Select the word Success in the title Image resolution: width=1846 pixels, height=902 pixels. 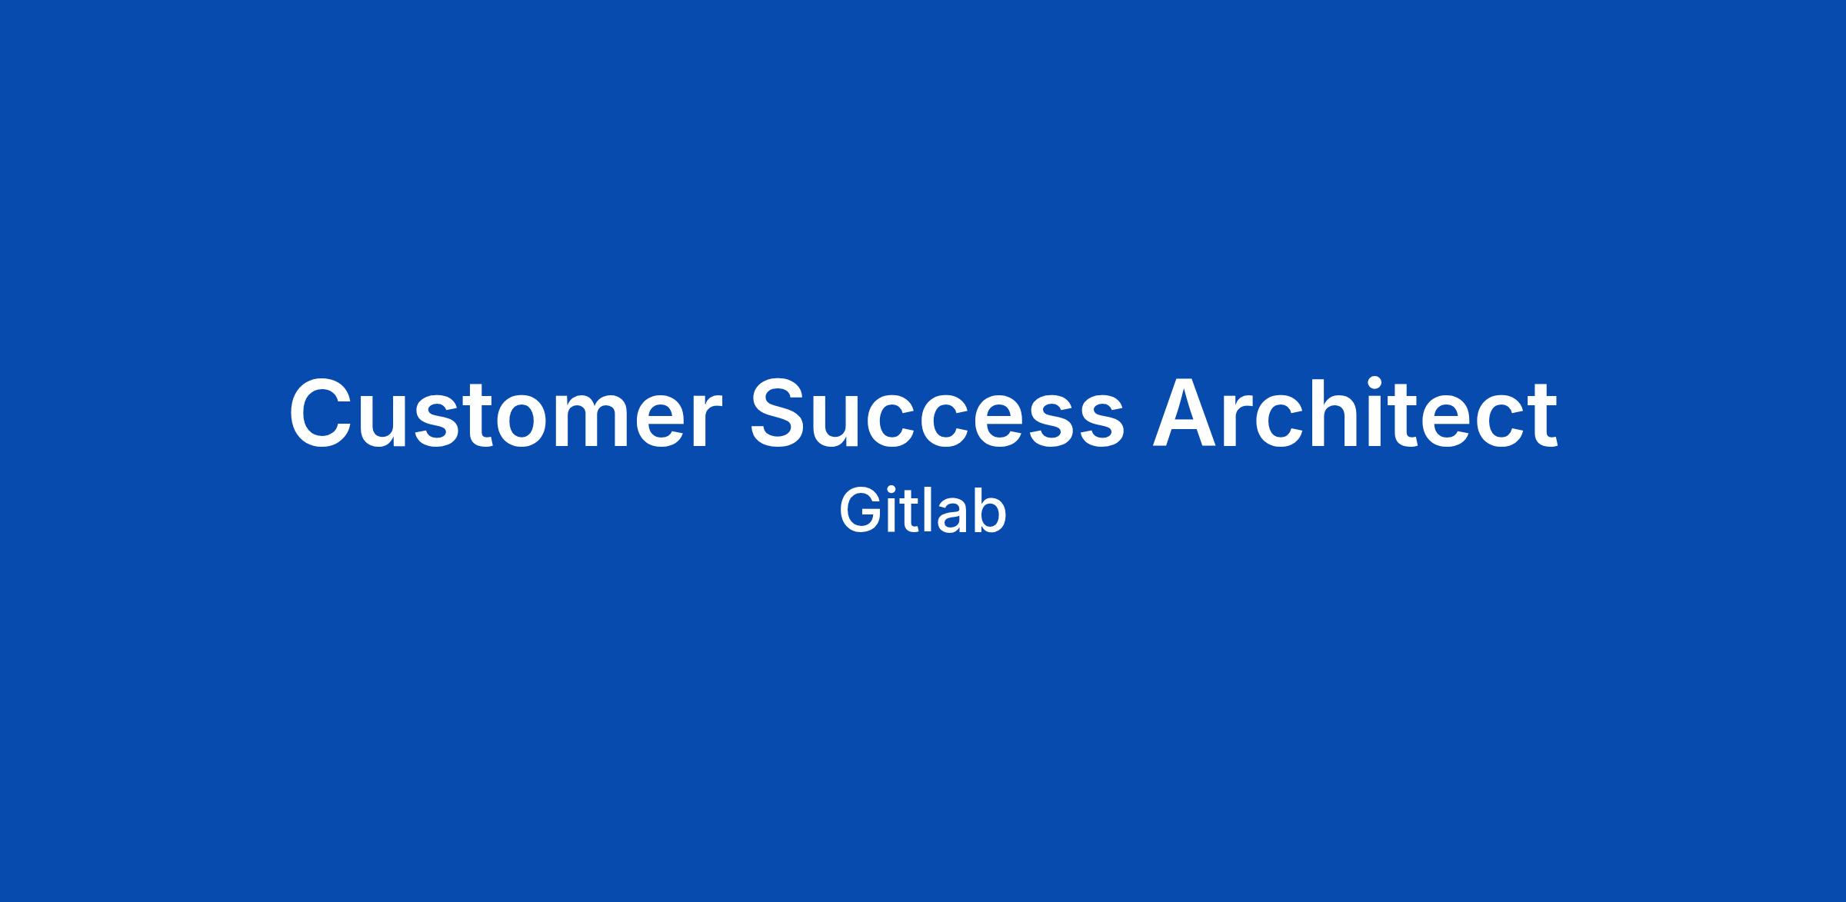pyautogui.click(x=938, y=413)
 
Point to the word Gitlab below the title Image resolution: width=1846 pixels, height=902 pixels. pyautogui.click(x=922, y=510)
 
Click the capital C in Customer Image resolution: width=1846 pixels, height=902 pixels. pyautogui.click(x=322, y=413)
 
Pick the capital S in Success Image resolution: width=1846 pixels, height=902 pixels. pyautogui.click(x=780, y=413)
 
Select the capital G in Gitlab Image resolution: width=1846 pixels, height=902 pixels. pyautogui.click(x=858, y=511)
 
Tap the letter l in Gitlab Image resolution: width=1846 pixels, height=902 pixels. pyautogui.click(x=921, y=511)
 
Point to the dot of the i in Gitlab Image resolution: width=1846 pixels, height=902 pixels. pyautogui.click(x=890, y=491)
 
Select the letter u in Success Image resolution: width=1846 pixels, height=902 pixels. pyautogui.click(x=845, y=422)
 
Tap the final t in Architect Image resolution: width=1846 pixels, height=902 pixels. pyautogui.click(x=1542, y=416)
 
